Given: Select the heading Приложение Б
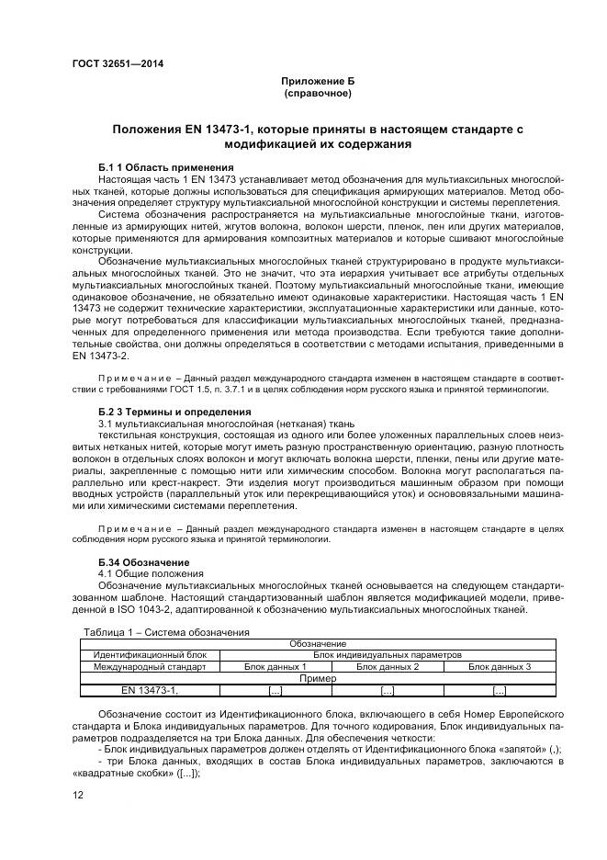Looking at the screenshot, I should pyautogui.click(x=317, y=81).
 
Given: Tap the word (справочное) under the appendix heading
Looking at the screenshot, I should pyautogui.click(x=317, y=94).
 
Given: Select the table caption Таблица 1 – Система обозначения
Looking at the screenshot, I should pyautogui.click(x=166, y=632).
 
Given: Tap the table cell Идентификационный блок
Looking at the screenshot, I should pyautogui.click(x=150, y=655).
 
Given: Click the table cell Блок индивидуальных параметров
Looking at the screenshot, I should pyautogui.click(x=388, y=655).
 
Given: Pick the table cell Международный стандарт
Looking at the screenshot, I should pyautogui.click(x=150, y=666).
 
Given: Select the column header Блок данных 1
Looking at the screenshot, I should pyautogui.click(x=275, y=666).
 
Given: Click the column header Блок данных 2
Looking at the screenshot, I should pyautogui.click(x=388, y=666).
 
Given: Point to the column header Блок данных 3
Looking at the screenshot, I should pyautogui.click(x=500, y=666).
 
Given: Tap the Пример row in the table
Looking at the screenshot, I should pyautogui.click(x=318, y=678).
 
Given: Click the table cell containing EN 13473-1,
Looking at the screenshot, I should pyautogui.click(x=150, y=690).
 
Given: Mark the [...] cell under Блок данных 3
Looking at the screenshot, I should pyautogui.click(x=500, y=690).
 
